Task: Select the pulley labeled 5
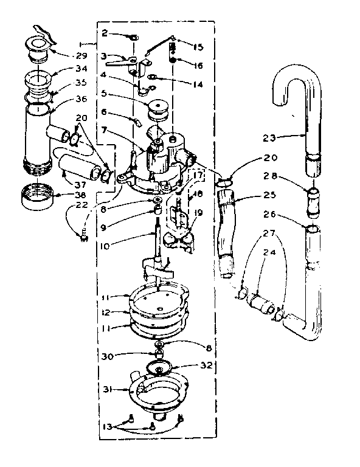[157, 111]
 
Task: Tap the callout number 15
[198, 46]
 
